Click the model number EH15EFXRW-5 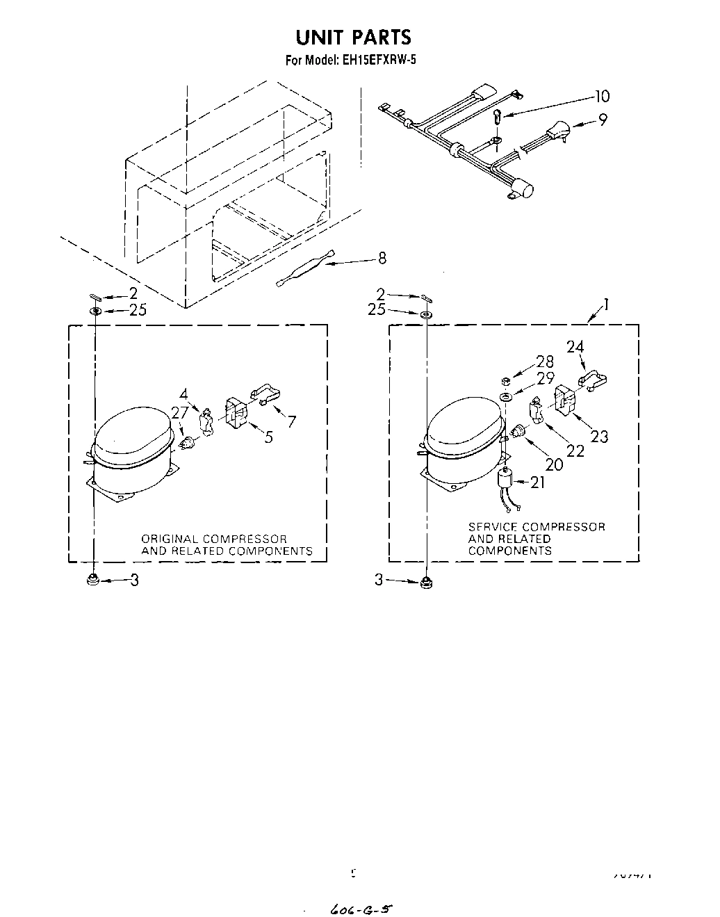[379, 60]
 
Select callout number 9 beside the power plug [602, 120]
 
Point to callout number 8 [382, 259]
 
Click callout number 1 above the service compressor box [606, 304]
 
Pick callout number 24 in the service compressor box [575, 346]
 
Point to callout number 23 [598, 436]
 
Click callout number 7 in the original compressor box [291, 421]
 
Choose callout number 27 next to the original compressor [180, 413]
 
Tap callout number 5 [268, 437]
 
